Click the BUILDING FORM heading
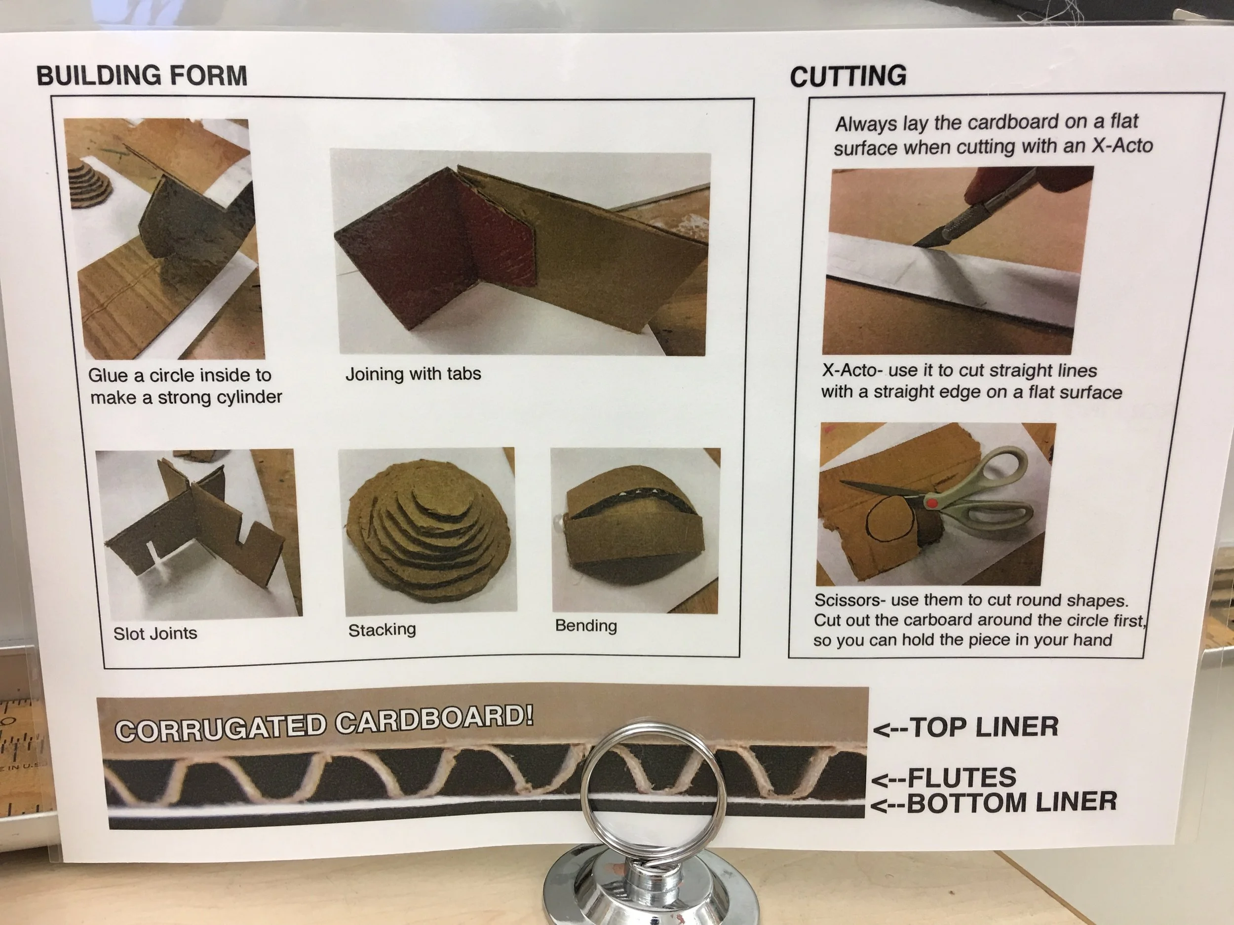(x=142, y=75)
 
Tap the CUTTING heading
(x=848, y=76)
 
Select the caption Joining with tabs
(x=413, y=373)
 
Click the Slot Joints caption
(x=155, y=633)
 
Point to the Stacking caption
(x=382, y=630)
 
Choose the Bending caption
(x=586, y=626)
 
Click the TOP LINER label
(x=965, y=727)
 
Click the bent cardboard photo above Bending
(x=635, y=529)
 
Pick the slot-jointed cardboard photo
(x=198, y=534)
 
